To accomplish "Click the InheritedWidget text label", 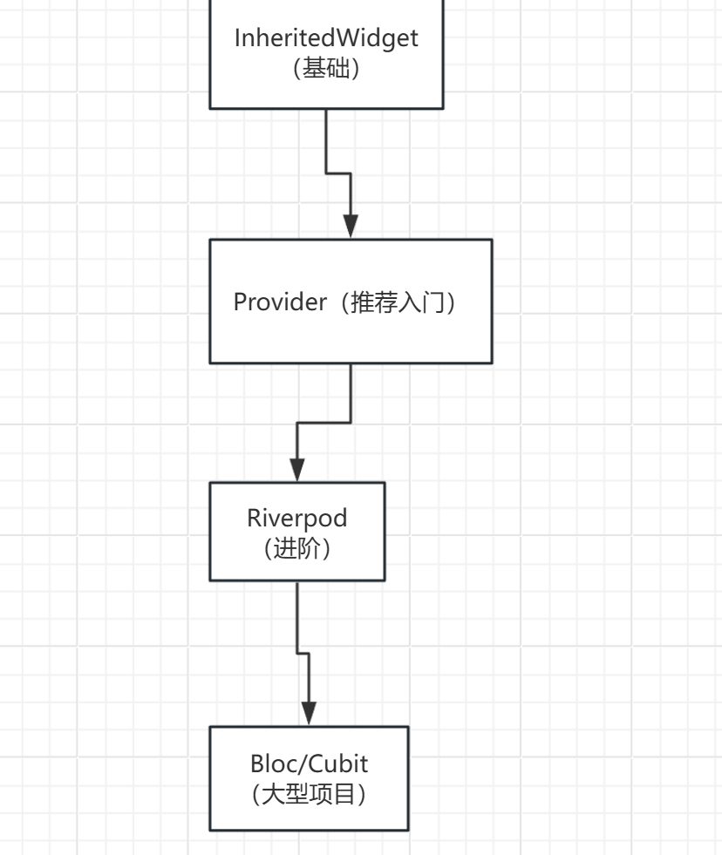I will coord(326,38).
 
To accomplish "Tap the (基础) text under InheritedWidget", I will coord(326,69).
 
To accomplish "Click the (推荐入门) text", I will coord(403,302).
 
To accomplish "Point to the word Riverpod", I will coord(296,518).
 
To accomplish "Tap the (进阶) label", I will coord(296,549).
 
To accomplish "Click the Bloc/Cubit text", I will coord(309,763).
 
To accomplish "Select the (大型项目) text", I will coord(309,795).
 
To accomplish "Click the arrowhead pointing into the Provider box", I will coord(351,226).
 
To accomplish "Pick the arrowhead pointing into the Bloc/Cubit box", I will coord(309,713).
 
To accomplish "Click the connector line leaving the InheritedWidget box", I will coord(326,139).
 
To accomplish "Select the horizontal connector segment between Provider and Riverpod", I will coord(324,423).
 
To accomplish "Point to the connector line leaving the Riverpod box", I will coord(297,614).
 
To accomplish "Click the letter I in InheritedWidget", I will coord(238,38).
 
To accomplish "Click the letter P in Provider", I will coord(241,302).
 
